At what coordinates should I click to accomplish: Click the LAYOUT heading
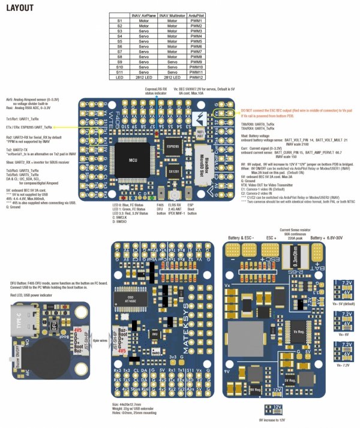pos(20,8)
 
